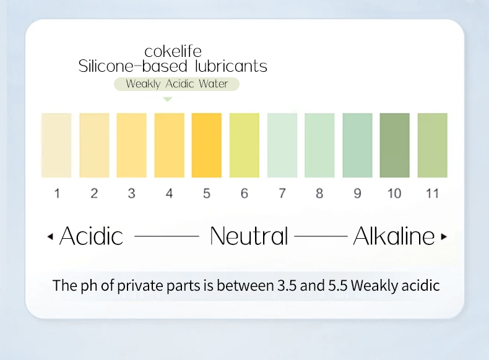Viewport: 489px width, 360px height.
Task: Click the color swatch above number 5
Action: click(207, 145)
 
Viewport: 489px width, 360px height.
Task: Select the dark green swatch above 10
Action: click(394, 145)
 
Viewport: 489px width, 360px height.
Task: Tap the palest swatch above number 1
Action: click(56, 145)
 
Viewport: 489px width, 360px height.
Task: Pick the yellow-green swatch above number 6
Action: click(244, 145)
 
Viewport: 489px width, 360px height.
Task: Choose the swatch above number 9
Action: click(357, 145)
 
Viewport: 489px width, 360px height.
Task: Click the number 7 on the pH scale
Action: click(282, 194)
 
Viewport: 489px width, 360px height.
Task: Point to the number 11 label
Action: click(432, 194)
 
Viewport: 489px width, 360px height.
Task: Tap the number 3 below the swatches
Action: click(132, 194)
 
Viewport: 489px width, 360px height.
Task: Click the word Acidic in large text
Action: click(91, 236)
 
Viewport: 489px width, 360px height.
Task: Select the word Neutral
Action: click(249, 236)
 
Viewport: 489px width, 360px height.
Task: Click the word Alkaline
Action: click(394, 236)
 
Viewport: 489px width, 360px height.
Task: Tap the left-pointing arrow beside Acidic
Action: click(50, 237)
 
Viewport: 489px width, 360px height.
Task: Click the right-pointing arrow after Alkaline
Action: click(444, 237)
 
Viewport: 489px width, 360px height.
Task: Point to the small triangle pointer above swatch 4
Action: click(168, 99)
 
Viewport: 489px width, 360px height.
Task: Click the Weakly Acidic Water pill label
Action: click(176, 84)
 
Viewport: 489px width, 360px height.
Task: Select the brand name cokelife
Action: click(173, 51)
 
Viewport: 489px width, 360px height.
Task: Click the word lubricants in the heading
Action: click(231, 66)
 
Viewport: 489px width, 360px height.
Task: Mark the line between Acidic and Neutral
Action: click(167, 236)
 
